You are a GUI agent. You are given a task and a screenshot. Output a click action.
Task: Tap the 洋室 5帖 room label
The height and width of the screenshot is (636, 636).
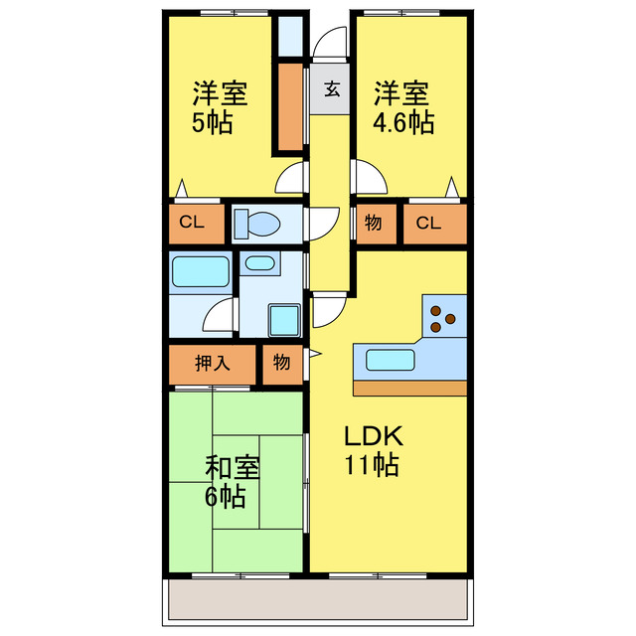coord(219,108)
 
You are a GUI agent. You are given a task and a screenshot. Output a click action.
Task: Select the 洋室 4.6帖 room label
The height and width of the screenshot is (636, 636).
coord(401,108)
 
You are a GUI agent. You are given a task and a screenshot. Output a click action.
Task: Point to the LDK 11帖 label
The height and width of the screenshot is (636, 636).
coord(373,449)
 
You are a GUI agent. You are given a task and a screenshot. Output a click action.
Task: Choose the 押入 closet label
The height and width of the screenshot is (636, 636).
coord(213,363)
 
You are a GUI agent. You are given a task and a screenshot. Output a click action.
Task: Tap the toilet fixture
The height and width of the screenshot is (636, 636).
coord(256,224)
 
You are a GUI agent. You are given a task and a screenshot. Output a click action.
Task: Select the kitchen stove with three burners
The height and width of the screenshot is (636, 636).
coord(442,319)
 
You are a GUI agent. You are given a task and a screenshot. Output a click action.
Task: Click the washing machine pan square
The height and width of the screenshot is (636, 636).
coord(288,319)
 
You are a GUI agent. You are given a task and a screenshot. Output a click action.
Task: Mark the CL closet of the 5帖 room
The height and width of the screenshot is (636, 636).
coord(192,223)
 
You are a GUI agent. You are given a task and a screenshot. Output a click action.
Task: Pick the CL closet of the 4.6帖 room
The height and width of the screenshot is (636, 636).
coord(428,223)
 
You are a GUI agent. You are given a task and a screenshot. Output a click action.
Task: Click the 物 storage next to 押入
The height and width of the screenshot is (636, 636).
coord(282,363)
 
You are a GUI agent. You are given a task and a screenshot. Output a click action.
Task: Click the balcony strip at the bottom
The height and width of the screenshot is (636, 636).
coord(318,600)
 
